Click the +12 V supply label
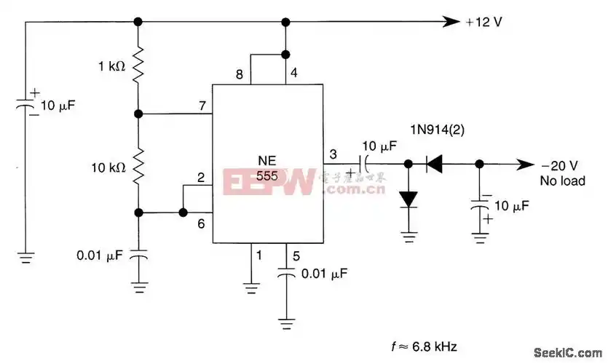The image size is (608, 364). (x=484, y=22)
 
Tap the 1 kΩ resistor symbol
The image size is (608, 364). (x=138, y=68)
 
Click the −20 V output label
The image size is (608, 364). (x=558, y=165)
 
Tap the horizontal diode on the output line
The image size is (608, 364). (x=435, y=165)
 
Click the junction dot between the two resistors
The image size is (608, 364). (x=138, y=114)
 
